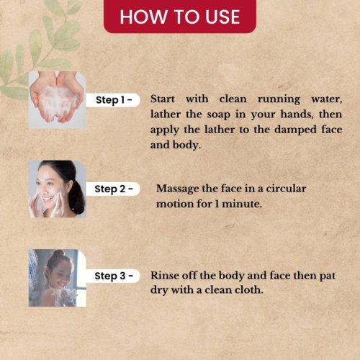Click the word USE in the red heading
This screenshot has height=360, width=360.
pos(222,17)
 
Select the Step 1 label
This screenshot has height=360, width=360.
pos(114,100)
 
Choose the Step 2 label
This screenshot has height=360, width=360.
pos(114,189)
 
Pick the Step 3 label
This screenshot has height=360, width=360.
pos(114,276)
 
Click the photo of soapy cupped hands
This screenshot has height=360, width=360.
pos(58,100)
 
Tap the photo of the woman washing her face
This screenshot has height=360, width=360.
pos(58,189)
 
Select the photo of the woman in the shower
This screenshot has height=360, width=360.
pos(58,278)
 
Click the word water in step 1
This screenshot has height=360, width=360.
pos(327,99)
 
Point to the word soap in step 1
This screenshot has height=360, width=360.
pos(219,114)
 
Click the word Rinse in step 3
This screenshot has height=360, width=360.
pos(165,276)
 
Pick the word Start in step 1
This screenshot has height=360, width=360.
pos(163,99)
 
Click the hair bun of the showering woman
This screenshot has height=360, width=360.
pos(58,253)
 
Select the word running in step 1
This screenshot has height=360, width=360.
pos(279,99)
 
